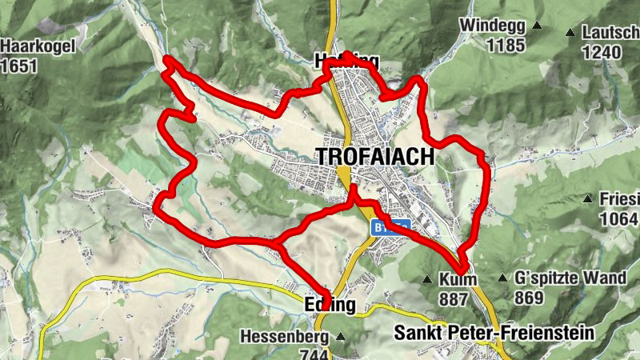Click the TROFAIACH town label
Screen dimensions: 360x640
[376, 157]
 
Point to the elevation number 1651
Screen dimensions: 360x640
[19, 66]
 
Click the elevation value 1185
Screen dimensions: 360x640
[502, 45]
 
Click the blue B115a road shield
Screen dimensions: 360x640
[390, 226]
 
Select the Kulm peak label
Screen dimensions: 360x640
[458, 279]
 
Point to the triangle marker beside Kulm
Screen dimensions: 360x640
[427, 280]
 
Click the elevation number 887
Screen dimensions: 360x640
[453, 298]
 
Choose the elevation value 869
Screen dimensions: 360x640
[529, 298]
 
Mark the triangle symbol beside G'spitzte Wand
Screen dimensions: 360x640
[502, 279]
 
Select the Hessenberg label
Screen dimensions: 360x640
[286, 336]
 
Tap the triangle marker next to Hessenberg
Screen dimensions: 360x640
[341, 337]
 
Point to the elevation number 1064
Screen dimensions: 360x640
[621, 218]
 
